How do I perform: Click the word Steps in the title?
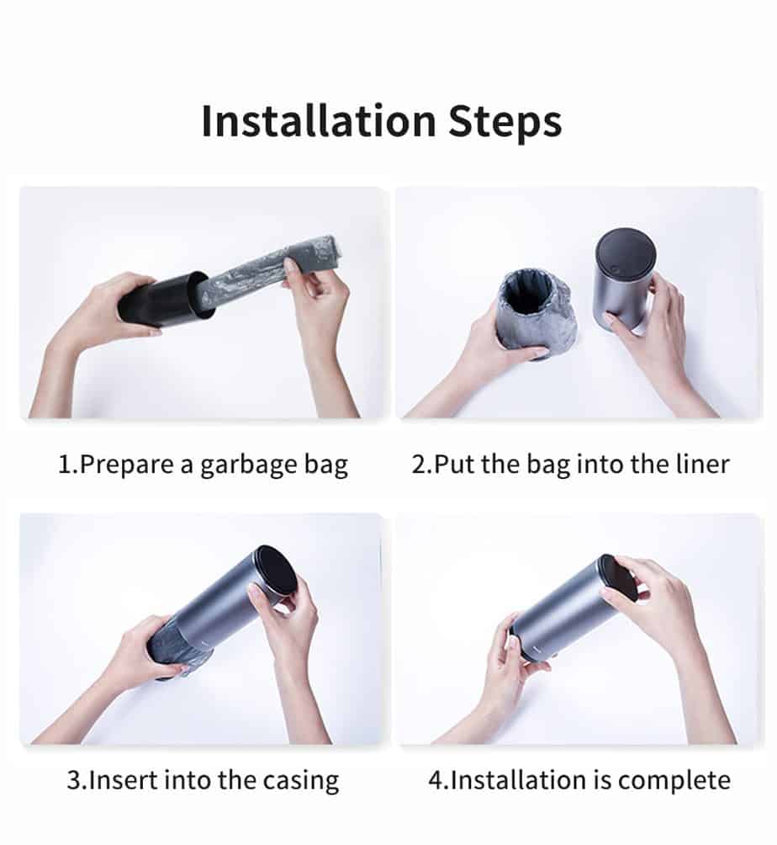click(x=505, y=123)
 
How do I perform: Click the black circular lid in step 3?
click(x=277, y=571)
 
